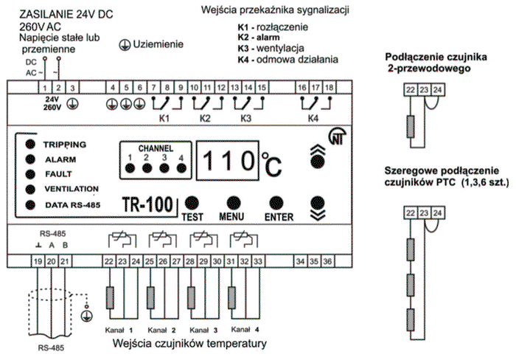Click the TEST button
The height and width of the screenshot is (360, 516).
pyautogui.click(x=192, y=203)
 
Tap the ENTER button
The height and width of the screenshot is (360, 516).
pyautogui.click(x=276, y=203)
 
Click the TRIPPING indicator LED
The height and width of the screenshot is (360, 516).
pyautogui.click(x=30, y=144)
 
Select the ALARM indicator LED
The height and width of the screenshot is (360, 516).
pyautogui.click(x=30, y=159)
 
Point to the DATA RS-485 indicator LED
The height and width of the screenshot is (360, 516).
pyautogui.click(x=30, y=205)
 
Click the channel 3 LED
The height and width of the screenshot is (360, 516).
pyautogui.click(x=164, y=168)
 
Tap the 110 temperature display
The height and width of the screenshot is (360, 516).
pyautogui.click(x=228, y=161)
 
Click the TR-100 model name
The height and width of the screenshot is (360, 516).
pyautogui.click(x=147, y=204)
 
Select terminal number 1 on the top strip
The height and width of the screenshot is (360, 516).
pyautogui.click(x=45, y=88)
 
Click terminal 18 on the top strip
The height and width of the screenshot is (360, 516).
pyautogui.click(x=329, y=88)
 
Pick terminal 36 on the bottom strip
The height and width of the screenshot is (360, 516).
pyautogui.click(x=327, y=261)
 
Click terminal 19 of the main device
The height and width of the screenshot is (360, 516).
pyautogui.click(x=38, y=262)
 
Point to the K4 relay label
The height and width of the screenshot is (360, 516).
pyautogui.click(x=313, y=118)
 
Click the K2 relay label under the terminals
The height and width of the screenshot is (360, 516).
pyautogui.click(x=205, y=118)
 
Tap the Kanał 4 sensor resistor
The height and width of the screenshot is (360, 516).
pyautogui.click(x=231, y=297)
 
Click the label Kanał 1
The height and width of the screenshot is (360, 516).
pyautogui.click(x=119, y=330)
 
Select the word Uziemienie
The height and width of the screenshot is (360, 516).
pyautogui.click(x=158, y=44)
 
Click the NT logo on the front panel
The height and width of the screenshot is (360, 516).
pyautogui.click(x=338, y=136)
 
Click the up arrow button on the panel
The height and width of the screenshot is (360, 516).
pyautogui.click(x=318, y=157)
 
